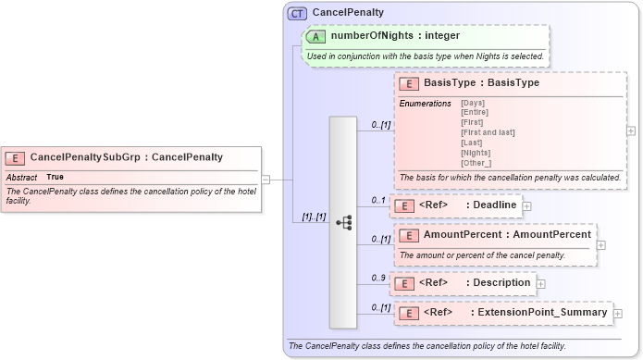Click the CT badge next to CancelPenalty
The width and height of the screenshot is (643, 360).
297,13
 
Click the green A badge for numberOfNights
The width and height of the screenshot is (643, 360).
315,36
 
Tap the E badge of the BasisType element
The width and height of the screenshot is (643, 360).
408,83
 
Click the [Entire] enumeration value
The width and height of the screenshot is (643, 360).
473,112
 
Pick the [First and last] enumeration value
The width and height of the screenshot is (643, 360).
484,132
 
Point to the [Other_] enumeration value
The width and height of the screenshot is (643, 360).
475,163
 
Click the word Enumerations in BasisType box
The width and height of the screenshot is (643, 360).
425,103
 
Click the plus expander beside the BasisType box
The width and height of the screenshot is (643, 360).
631,131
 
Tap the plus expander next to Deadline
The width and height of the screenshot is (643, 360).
527,205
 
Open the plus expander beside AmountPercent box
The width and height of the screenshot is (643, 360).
601,245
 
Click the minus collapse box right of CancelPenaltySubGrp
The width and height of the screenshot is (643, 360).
266,180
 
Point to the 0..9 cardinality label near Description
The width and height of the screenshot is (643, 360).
378,277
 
